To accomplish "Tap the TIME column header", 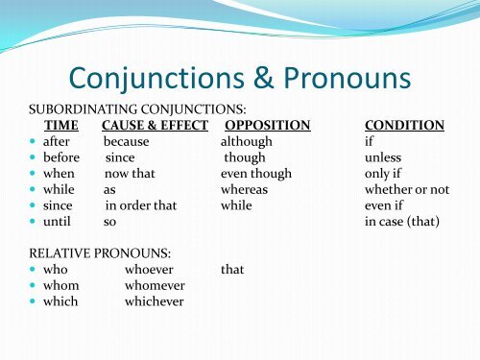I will tap(60, 125).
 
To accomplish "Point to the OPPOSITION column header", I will tap(267, 125).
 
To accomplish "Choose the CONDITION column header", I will tap(404, 125).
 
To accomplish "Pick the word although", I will tap(246, 141).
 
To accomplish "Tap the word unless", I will tap(383, 157).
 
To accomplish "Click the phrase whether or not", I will tap(407, 190).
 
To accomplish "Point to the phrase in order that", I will tap(141, 205).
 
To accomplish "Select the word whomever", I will tap(155, 285).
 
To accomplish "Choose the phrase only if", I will tap(384, 174).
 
